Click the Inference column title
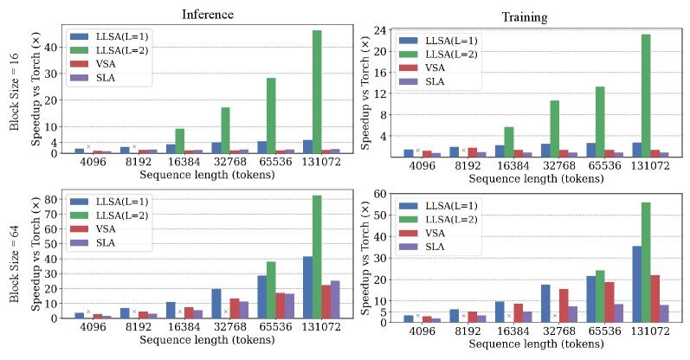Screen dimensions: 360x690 point(207,15)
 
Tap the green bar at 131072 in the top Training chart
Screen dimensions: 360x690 point(645,94)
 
